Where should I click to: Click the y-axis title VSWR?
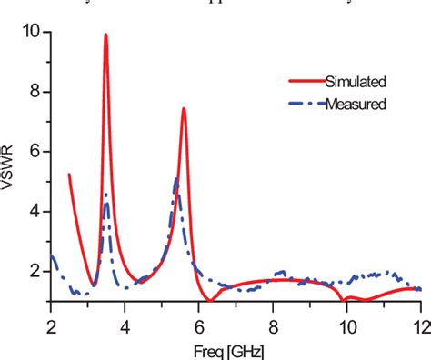(12, 166)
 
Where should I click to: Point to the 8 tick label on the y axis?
(34, 93)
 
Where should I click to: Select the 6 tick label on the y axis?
(34, 152)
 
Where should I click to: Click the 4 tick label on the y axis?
(34, 212)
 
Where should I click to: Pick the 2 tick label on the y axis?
(34, 271)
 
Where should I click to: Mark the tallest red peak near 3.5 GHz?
(105, 35)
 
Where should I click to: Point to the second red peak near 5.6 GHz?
(184, 109)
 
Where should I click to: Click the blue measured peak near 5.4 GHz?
(175, 179)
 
